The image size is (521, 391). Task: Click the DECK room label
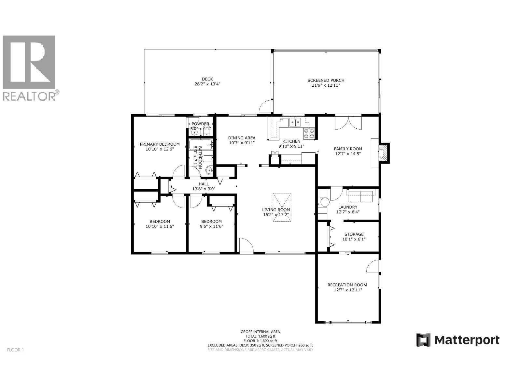[x=207, y=79]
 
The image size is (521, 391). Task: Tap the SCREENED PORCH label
[x=326, y=80]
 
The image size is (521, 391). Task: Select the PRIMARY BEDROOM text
[x=160, y=144]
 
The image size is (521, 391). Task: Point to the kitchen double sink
[x=295, y=123]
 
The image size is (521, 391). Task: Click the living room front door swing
[x=246, y=245]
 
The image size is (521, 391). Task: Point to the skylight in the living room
[x=282, y=207]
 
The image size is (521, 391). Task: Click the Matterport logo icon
[x=424, y=340]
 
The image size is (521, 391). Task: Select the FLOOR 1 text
[x=15, y=350]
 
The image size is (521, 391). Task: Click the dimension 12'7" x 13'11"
[x=348, y=290]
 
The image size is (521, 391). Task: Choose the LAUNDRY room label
[x=347, y=207]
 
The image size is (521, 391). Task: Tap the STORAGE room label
[x=354, y=234]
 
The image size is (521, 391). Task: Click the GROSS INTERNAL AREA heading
[x=260, y=332]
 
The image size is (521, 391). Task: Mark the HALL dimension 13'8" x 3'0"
[x=204, y=189]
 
